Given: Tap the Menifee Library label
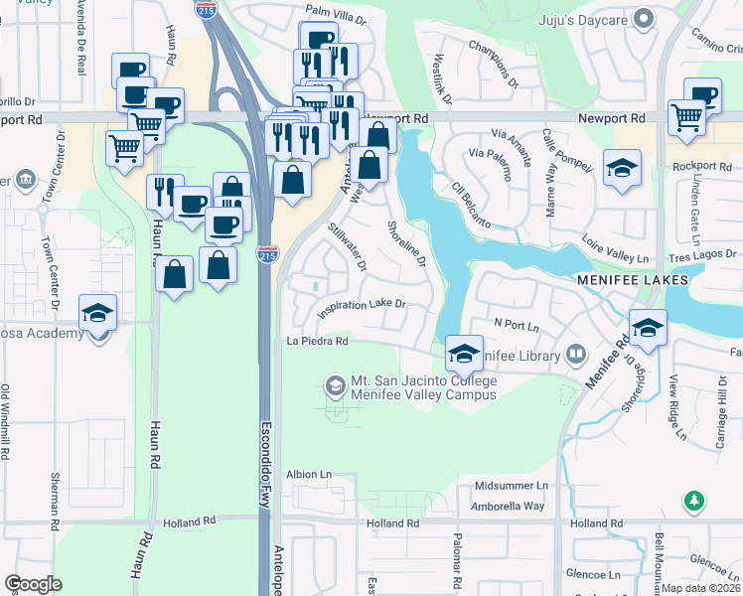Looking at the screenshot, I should pyautogui.click(x=518, y=354).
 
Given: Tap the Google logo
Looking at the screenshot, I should pyautogui.click(x=33, y=585).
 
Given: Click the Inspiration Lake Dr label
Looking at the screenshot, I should pyautogui.click(x=362, y=309).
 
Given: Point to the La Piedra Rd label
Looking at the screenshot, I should pyautogui.click(x=316, y=341).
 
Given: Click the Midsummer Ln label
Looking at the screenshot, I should pyautogui.click(x=511, y=486).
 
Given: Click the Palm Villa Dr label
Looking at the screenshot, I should pyautogui.click(x=336, y=10).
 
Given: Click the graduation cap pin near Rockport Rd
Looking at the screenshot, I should pyautogui.click(x=622, y=167).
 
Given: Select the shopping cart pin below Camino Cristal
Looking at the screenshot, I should pyautogui.click(x=686, y=117).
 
